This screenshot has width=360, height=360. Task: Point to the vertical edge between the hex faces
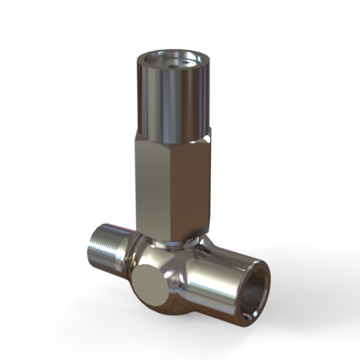[x=171, y=187]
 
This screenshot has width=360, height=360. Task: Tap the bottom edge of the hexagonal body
[x=169, y=232]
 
